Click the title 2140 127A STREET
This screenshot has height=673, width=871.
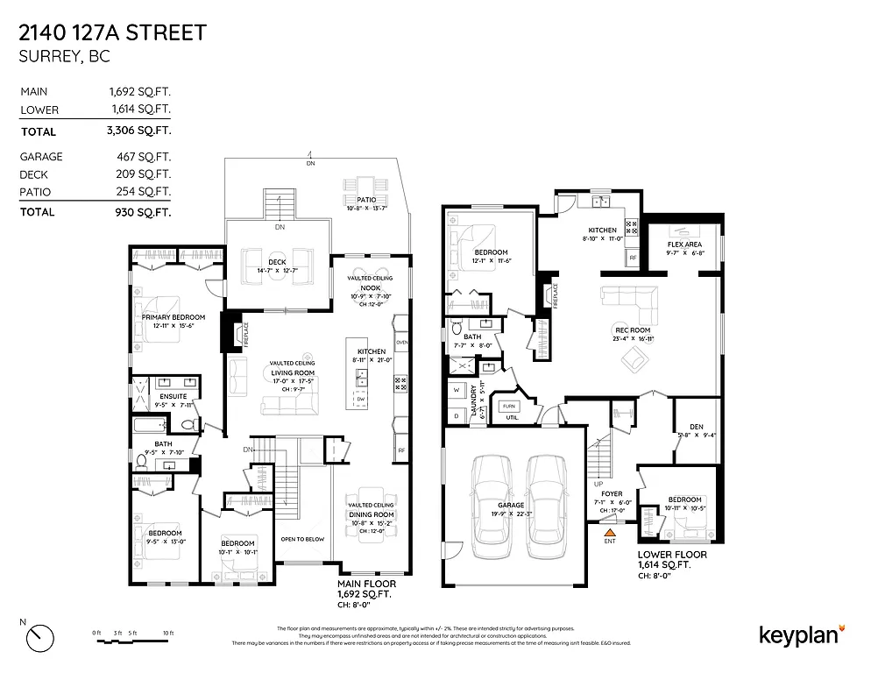point(112,33)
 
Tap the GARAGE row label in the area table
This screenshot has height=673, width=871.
point(41,156)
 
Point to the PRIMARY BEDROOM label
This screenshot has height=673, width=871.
point(173,316)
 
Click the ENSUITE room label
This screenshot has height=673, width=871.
point(173,397)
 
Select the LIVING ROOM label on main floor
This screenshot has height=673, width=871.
point(292,371)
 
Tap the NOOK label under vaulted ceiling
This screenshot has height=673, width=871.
point(370,287)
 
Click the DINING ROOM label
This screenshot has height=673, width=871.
point(370,514)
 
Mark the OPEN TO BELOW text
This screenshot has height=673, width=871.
point(302,539)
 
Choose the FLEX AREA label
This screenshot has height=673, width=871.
point(685,245)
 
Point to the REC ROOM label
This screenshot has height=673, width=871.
point(634,330)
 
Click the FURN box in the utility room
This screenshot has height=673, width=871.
point(508,406)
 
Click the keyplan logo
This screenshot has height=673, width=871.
point(800,634)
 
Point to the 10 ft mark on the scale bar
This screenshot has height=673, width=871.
point(167,633)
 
